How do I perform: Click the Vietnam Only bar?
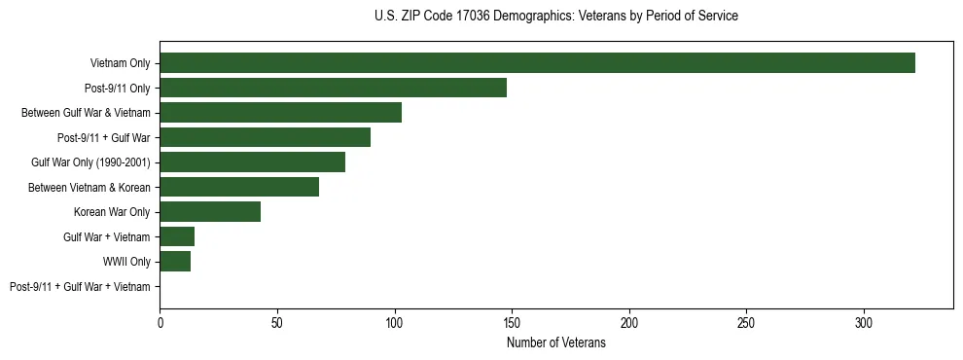click(x=537, y=63)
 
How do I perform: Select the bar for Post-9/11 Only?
click(x=333, y=88)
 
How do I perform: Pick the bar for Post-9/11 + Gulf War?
click(x=265, y=137)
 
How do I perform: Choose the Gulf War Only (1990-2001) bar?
click(x=252, y=162)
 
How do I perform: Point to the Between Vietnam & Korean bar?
click(x=239, y=187)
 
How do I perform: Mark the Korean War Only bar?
click(x=210, y=212)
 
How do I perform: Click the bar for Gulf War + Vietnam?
click(x=177, y=236)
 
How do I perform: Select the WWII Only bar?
click(x=175, y=262)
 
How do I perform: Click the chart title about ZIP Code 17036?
click(x=555, y=17)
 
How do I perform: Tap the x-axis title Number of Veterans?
click(x=555, y=343)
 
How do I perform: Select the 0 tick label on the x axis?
click(x=160, y=322)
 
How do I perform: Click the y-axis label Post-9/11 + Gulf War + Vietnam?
click(x=80, y=287)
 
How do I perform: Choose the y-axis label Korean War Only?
click(x=112, y=212)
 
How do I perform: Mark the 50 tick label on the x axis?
click(x=277, y=322)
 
